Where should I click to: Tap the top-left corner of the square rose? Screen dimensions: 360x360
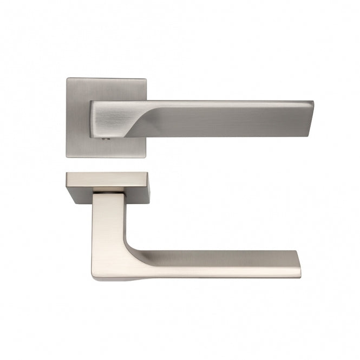click(68, 80)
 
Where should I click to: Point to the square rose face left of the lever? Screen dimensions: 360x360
click(78, 119)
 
